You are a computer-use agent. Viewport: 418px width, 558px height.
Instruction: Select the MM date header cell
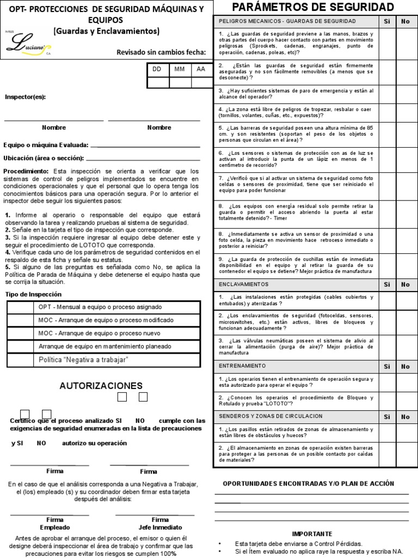(x=179, y=70)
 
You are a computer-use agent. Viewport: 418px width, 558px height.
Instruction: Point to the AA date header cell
(x=201, y=70)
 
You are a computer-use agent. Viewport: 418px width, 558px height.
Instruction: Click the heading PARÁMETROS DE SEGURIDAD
(x=313, y=7)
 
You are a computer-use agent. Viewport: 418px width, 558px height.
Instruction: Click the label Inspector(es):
(x=26, y=97)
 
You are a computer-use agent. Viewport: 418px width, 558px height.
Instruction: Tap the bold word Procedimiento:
(x=26, y=171)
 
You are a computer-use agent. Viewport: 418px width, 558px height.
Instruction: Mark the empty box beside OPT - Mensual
(x=21, y=307)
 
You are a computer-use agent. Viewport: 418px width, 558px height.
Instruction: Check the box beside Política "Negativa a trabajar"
(x=21, y=360)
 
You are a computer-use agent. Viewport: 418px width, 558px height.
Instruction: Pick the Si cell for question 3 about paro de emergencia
(x=387, y=94)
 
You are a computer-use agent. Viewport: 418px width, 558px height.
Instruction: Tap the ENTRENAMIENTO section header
(x=242, y=366)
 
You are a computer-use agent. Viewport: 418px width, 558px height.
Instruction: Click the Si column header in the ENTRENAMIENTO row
(x=387, y=367)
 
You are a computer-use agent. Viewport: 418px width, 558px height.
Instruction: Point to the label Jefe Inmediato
(x=160, y=527)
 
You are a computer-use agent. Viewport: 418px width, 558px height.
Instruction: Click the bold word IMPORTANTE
(x=312, y=533)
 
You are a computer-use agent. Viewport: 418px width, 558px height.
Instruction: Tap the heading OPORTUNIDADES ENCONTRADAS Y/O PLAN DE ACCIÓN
(x=309, y=483)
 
